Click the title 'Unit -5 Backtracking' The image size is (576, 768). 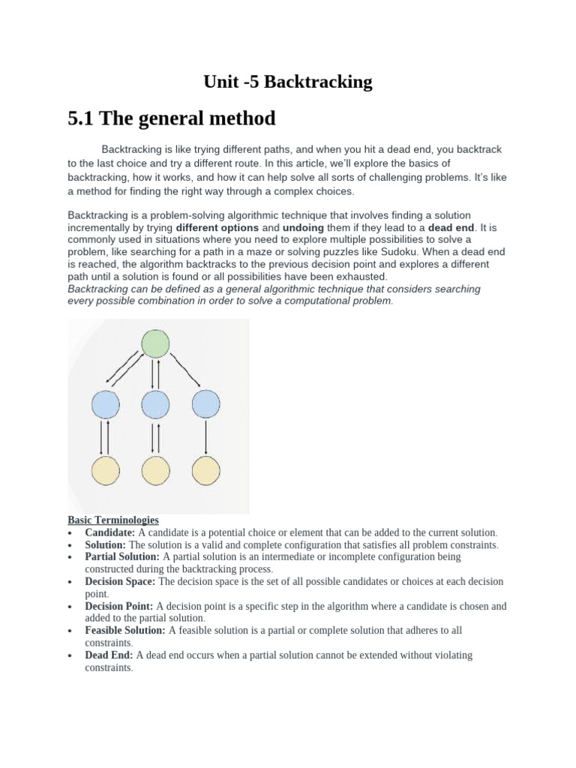288,82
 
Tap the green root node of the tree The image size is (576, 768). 155,344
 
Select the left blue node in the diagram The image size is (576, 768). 105,405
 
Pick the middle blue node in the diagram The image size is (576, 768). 155,405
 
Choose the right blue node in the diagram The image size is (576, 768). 205,405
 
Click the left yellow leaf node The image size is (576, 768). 105,470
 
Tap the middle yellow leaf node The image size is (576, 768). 155,470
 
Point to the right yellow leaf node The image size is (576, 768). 205,470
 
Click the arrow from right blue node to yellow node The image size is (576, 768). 205,437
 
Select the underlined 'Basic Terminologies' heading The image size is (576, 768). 112,520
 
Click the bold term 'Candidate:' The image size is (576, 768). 110,532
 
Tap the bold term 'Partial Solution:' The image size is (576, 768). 122,557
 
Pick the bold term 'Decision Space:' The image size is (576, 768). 121,582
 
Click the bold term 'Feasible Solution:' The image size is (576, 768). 125,631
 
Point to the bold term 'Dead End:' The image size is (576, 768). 109,655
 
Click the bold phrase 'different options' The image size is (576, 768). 217,227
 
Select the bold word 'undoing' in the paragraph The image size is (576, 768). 304,227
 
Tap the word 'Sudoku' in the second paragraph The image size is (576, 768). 407,252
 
